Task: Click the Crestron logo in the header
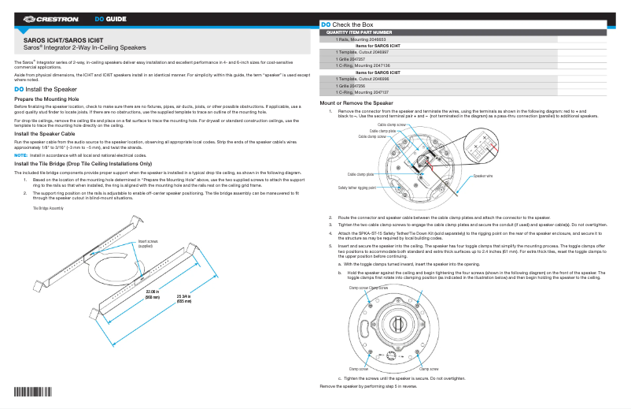pos(53,18)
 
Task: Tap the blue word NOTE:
pos(21,155)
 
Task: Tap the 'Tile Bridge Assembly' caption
pos(48,208)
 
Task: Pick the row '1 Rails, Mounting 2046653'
pos(360,39)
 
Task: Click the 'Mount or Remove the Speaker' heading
pos(356,103)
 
